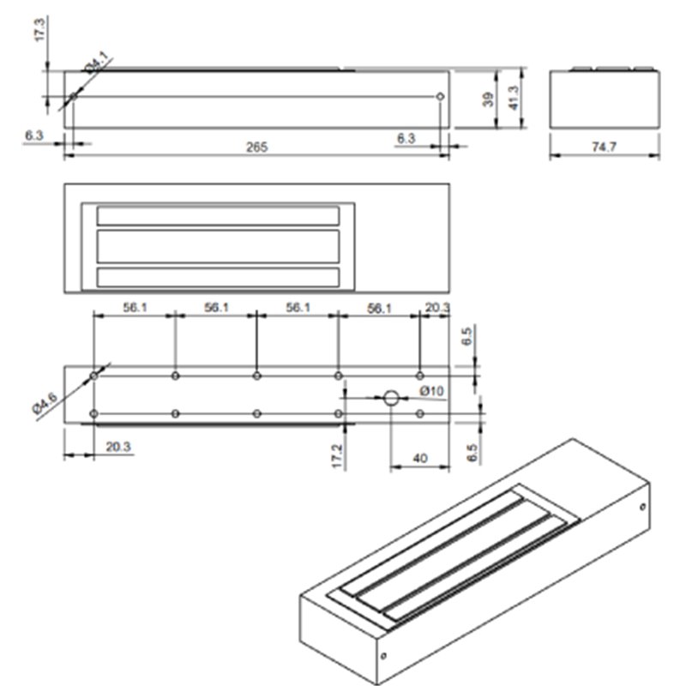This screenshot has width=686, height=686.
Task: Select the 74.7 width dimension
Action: tap(605, 147)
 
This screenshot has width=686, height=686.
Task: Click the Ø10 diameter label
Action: tap(431, 392)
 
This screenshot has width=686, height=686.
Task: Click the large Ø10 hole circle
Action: tap(391, 398)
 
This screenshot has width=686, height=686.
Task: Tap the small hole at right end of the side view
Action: tap(441, 97)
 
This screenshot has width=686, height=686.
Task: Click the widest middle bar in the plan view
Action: tap(218, 246)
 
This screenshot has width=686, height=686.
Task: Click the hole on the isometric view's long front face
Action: tap(382, 658)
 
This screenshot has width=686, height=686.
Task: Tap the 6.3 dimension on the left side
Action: tap(34, 135)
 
